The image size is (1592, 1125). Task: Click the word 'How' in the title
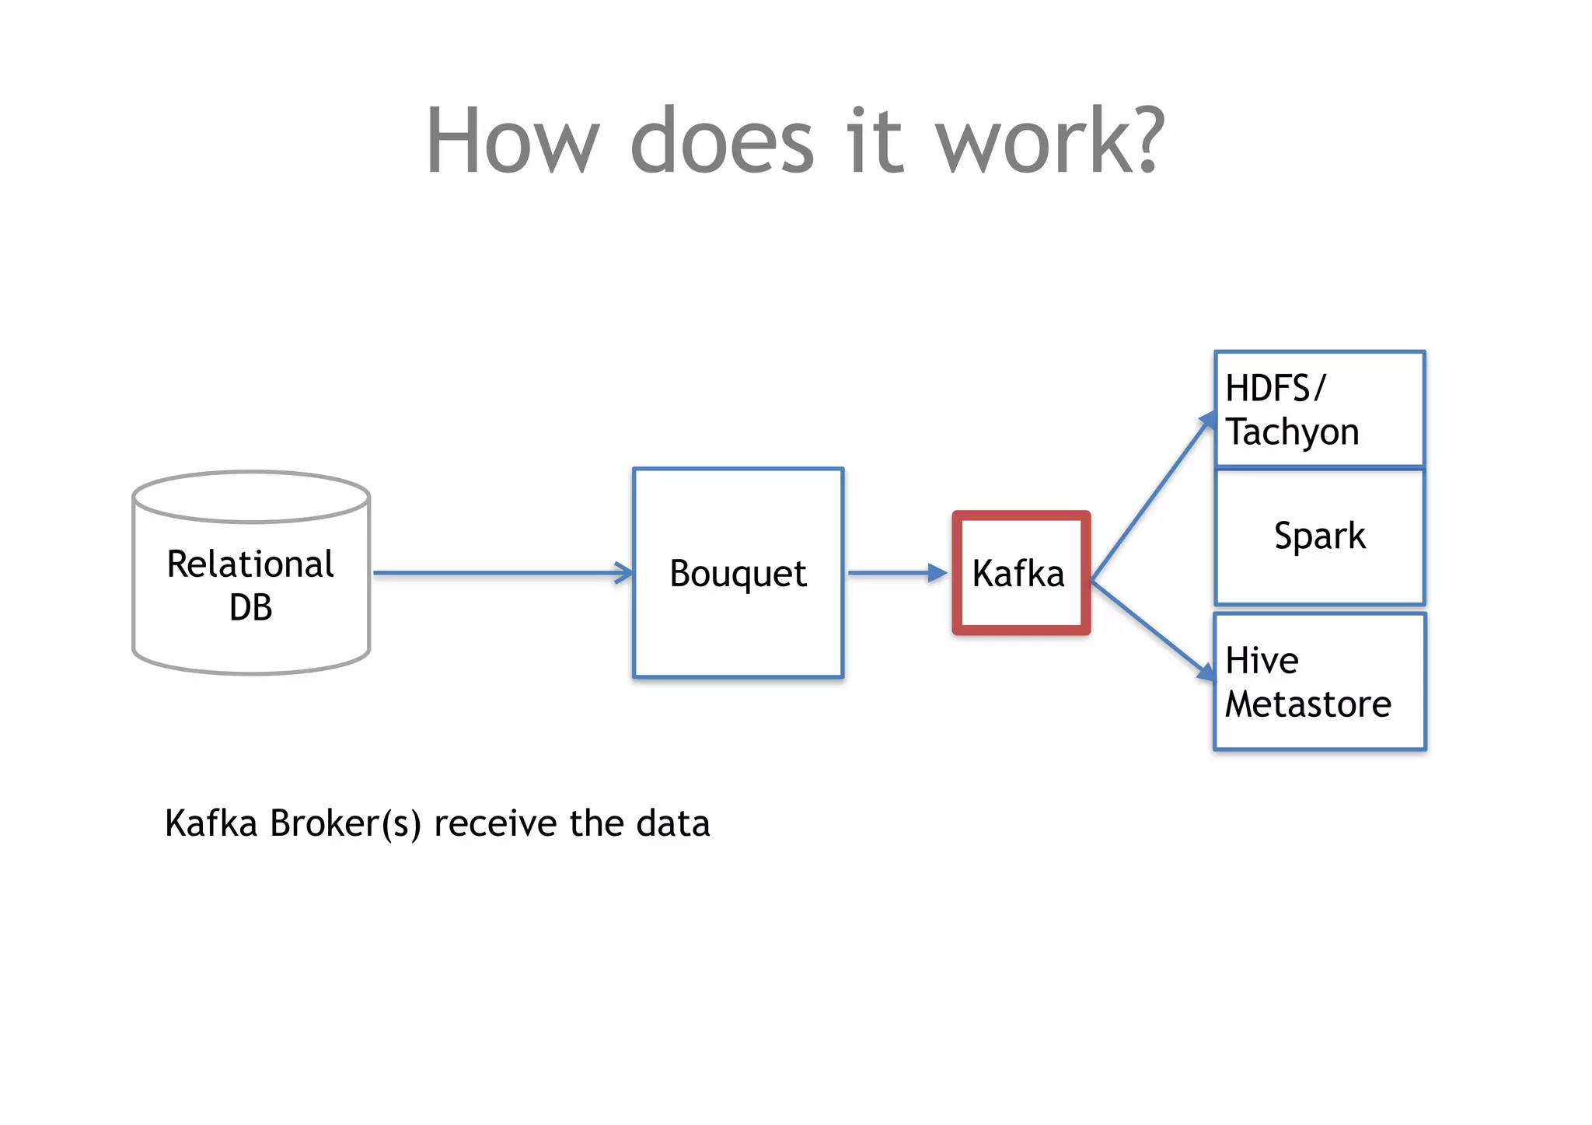click(x=513, y=141)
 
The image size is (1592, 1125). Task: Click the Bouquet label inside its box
click(x=738, y=574)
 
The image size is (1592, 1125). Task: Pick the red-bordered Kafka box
click(x=1021, y=573)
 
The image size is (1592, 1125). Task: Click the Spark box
click(x=1319, y=536)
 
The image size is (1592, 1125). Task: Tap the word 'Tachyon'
click(x=1292, y=432)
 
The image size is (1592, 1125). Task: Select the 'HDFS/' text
click(x=1275, y=388)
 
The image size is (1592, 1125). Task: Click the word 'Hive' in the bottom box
click(x=1261, y=661)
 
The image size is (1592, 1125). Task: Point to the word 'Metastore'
click(x=1307, y=704)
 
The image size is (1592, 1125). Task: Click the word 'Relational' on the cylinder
click(x=250, y=564)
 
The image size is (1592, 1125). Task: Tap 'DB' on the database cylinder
click(x=250, y=607)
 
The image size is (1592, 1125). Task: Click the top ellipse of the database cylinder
click(x=250, y=496)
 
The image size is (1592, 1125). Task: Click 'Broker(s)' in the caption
click(x=345, y=823)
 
